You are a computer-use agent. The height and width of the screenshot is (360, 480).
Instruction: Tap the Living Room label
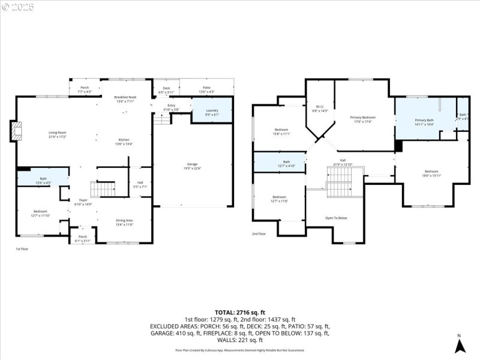57,134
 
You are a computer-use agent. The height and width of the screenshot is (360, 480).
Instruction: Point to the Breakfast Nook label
125,100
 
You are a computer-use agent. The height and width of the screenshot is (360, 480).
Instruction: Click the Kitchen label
124,142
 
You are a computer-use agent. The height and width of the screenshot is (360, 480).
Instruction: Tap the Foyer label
83,202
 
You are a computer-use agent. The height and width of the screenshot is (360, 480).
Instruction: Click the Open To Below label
336,218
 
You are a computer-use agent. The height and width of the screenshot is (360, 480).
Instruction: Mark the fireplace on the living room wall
14,131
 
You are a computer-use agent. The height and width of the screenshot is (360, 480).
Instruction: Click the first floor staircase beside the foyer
106,189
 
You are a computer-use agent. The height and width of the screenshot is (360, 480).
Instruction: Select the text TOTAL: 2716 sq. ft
239,313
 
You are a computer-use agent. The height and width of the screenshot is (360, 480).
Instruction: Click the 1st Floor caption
22,248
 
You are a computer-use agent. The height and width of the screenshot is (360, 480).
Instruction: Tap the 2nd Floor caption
259,234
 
